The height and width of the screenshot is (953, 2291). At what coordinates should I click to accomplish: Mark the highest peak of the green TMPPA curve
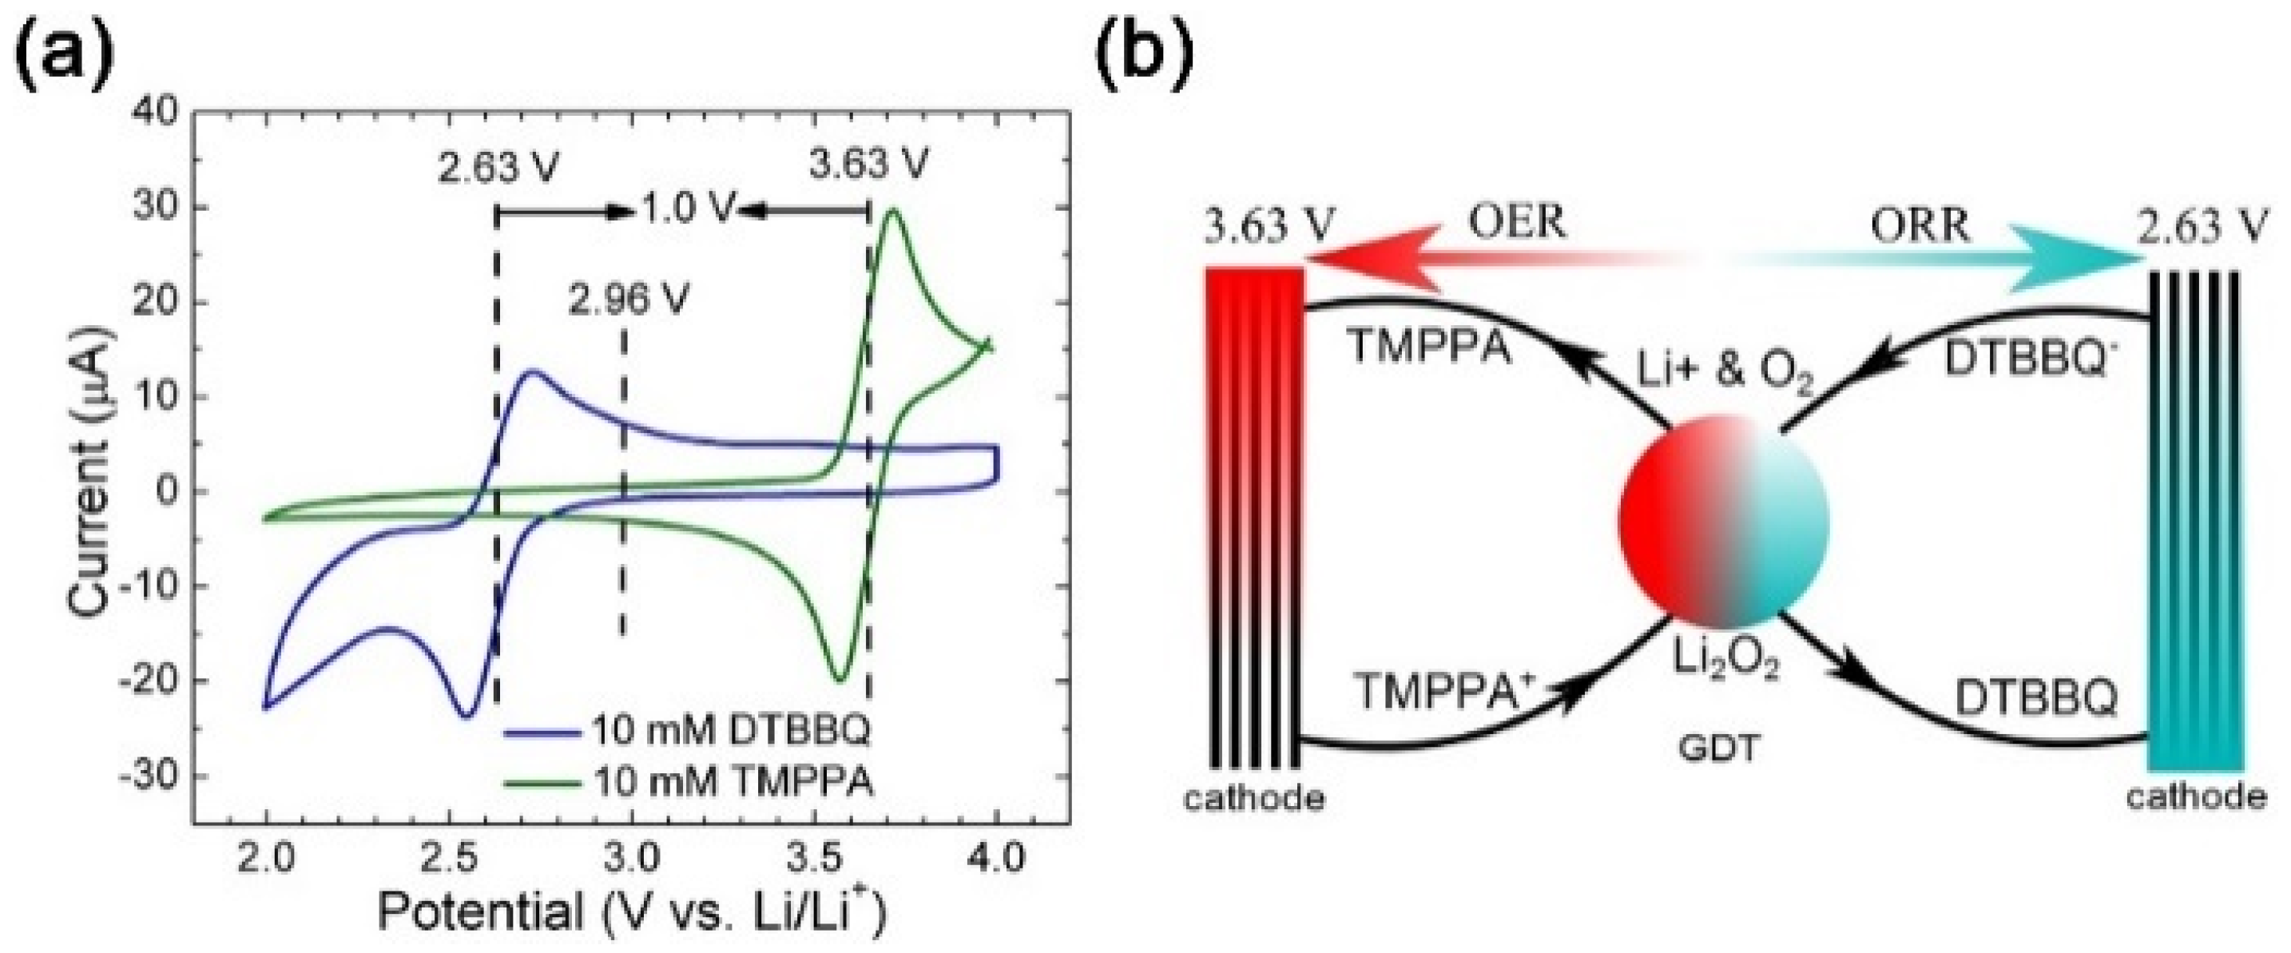(892, 210)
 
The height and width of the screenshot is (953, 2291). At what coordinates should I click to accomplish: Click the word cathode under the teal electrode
(2196, 796)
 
